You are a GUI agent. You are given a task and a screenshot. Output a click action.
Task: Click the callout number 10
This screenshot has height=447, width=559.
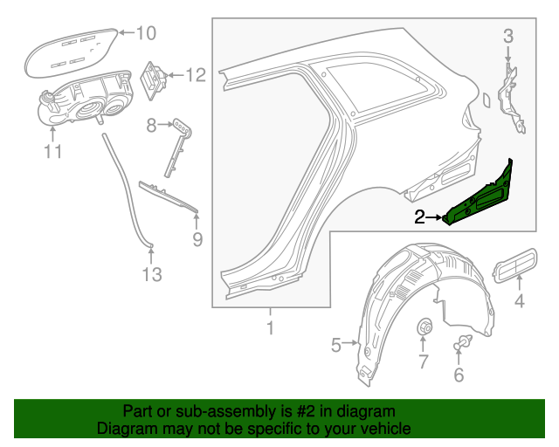145,34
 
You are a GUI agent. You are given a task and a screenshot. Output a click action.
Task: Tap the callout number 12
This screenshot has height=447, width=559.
195,76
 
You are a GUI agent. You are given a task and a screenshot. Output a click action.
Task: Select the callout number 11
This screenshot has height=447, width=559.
52,153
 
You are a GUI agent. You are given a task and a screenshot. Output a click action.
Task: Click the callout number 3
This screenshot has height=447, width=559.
508,36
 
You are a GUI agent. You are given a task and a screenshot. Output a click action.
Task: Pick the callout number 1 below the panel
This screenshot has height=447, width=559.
270,328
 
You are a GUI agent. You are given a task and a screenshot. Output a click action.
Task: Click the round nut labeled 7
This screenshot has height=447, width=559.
426,328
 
